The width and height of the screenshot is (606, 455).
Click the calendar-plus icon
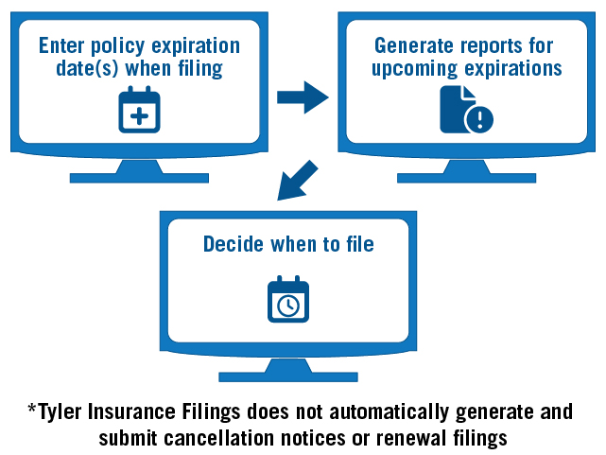coord(139,110)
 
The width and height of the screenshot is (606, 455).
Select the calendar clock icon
coord(288,299)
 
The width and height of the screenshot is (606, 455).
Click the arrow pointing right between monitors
coord(302,96)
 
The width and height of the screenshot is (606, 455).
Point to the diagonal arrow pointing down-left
coord(295,181)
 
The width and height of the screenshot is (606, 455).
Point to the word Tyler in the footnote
coord(60,412)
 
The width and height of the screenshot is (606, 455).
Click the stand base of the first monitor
coord(138,176)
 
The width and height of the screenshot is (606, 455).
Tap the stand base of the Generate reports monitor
coord(466,176)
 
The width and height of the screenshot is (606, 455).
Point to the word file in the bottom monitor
coord(357,244)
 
